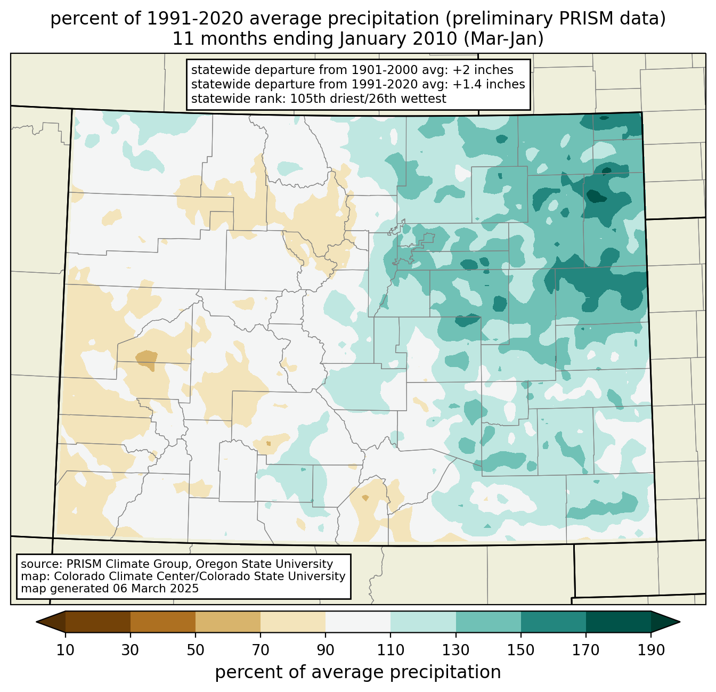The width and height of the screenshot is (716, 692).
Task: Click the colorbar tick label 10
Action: pyautogui.click(x=65, y=650)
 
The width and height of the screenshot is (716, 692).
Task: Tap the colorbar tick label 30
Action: pyautogui.click(x=130, y=650)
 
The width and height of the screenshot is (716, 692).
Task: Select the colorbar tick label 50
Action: pyautogui.click(x=196, y=650)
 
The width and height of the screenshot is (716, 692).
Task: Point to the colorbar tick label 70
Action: pyautogui.click(x=261, y=650)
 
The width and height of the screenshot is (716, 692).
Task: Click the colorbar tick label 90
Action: pyautogui.click(x=326, y=650)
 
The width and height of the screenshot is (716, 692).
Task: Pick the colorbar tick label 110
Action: pyautogui.click(x=390, y=650)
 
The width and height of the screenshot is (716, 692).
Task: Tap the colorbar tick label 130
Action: pyautogui.click(x=456, y=650)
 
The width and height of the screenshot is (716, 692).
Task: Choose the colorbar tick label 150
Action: pyautogui.click(x=521, y=650)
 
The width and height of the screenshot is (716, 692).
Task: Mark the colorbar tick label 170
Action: pyautogui.click(x=586, y=650)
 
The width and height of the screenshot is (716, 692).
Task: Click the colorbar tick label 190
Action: pyautogui.click(x=651, y=650)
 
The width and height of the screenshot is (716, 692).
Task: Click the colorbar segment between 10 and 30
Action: pyautogui.click(x=98, y=622)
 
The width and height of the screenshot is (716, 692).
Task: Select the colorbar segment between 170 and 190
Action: pyautogui.click(x=619, y=622)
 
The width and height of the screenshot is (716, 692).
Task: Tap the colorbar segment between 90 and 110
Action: pyautogui.click(x=358, y=622)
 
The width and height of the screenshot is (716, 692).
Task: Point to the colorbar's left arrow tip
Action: pyautogui.click(x=36, y=622)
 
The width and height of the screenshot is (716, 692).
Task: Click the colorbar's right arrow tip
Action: pyautogui.click(x=680, y=622)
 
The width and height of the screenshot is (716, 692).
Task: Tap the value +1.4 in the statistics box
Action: pyautogui.click(x=465, y=84)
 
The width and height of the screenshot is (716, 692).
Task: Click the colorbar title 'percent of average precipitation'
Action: pyautogui.click(x=358, y=672)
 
